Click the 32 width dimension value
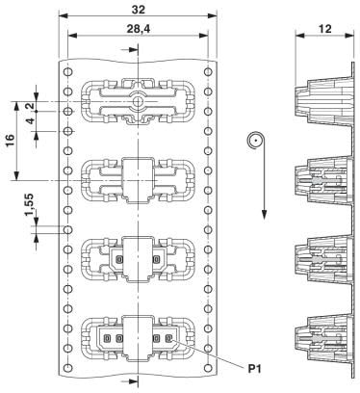(x=139, y=10)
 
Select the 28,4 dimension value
(x=139, y=29)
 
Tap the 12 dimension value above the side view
(x=324, y=29)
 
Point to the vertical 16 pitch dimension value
(x=10, y=141)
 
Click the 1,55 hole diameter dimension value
(x=30, y=205)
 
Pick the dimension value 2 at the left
(x=30, y=107)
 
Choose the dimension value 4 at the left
(x=30, y=121)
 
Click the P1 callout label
(x=254, y=369)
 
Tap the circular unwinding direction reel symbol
(x=255, y=141)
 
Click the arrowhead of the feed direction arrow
(x=264, y=214)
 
